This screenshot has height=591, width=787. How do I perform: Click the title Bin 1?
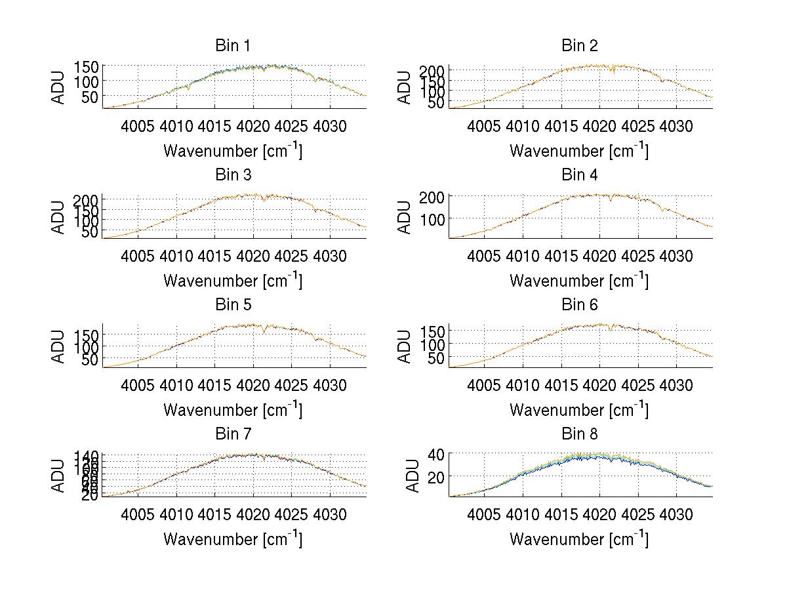point(232,46)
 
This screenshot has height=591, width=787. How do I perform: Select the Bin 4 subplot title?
point(580,175)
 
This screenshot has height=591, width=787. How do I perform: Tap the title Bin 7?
point(232,434)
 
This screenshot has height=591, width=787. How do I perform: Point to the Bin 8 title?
point(580,434)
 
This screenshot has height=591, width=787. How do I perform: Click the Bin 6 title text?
point(580,305)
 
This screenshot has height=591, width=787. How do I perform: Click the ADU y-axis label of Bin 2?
point(405,87)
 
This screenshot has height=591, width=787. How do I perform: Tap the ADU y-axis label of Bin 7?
point(58,475)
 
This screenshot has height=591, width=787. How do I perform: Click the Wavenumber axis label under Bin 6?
point(579,410)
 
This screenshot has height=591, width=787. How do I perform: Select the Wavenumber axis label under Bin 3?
point(233,281)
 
